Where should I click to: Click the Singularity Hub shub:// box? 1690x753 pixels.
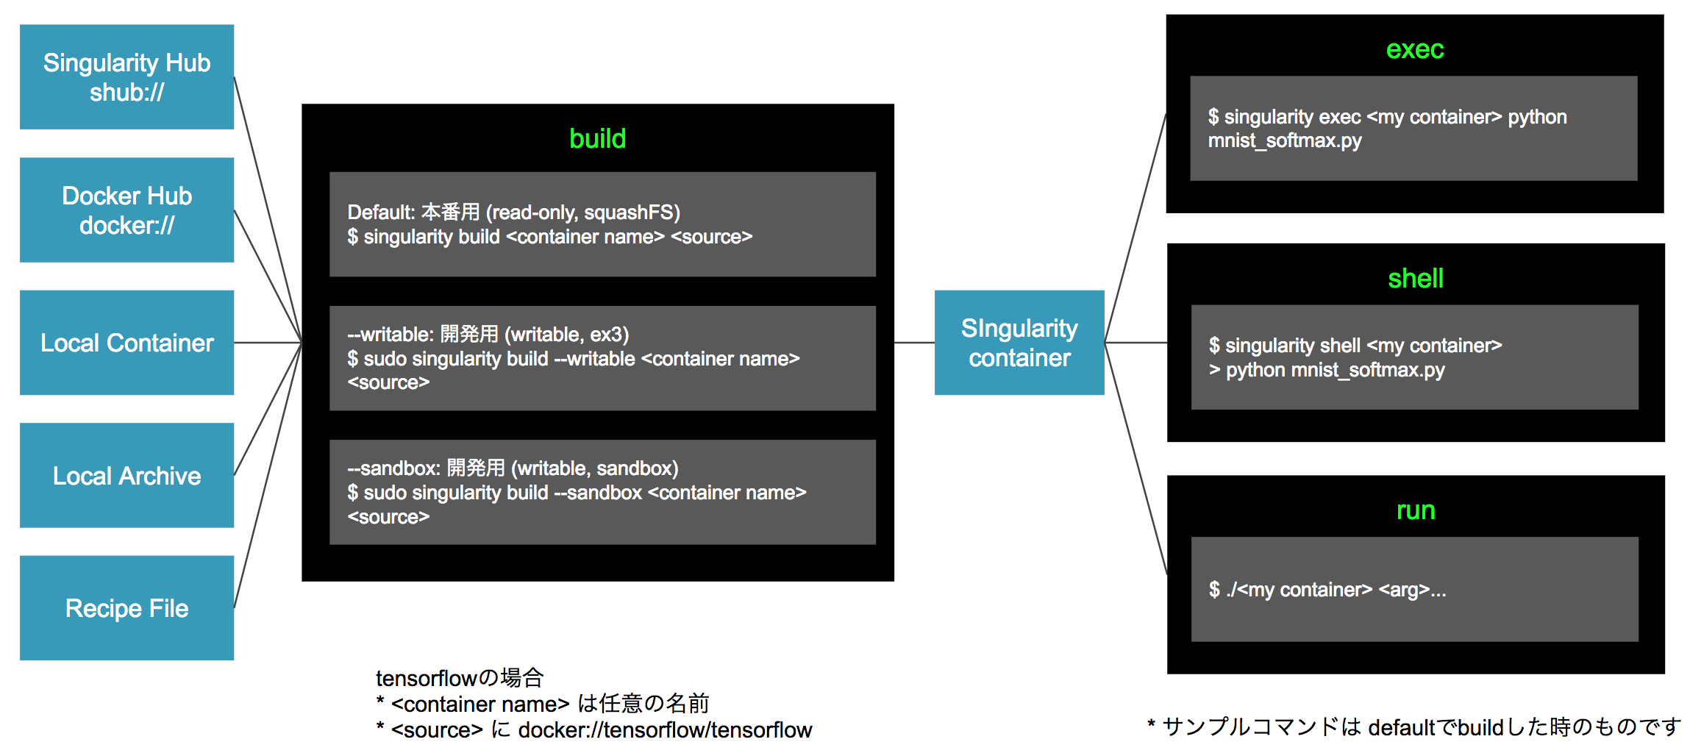point(126,77)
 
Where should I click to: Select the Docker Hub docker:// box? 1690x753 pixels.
point(126,210)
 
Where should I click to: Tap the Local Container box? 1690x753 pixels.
point(126,343)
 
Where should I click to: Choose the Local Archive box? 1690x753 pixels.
point(126,476)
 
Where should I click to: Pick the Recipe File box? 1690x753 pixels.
point(126,608)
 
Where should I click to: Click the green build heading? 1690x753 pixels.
point(597,139)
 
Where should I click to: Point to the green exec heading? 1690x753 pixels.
point(1414,49)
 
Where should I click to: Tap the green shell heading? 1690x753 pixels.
point(1415,279)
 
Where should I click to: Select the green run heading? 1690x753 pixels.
point(1415,510)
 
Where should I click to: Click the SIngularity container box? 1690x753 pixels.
point(1019,343)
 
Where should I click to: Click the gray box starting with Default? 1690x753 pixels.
point(602,224)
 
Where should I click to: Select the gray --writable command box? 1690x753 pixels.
point(602,358)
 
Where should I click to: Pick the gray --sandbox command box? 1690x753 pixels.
point(602,492)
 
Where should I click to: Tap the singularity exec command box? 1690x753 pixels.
point(1413,129)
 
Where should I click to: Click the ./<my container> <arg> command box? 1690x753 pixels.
point(1414,589)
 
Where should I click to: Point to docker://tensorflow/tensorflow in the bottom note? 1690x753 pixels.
point(665,730)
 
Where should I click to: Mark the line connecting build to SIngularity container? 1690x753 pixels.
point(914,343)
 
